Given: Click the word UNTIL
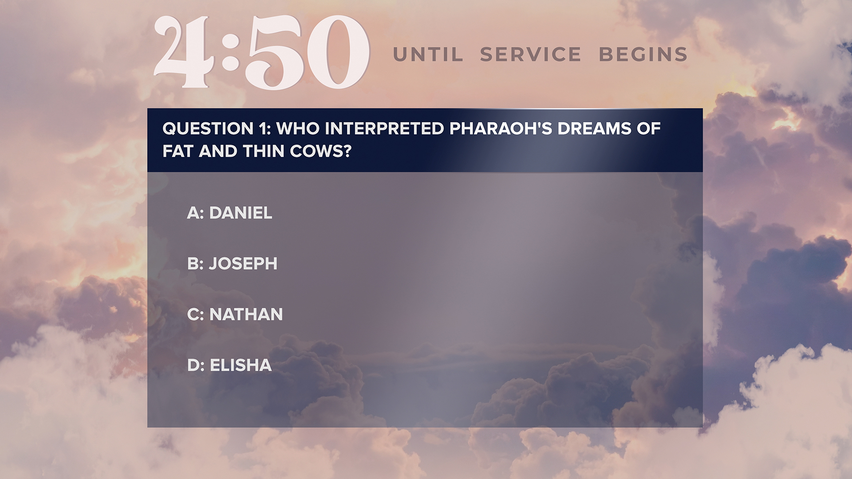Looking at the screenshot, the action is point(428,55).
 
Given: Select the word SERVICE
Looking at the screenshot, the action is point(531,55).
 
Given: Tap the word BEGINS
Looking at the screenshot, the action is point(643,55).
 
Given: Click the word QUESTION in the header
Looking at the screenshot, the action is point(208,129).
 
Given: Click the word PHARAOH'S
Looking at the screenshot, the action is point(501,129).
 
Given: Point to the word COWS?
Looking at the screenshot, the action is point(320,151).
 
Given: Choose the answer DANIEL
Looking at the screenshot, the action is point(241,213).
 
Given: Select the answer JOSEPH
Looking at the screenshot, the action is point(243,263).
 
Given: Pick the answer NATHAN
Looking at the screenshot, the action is point(246,314).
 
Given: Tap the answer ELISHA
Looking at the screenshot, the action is point(241,365).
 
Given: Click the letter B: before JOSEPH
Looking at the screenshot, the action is point(195,263).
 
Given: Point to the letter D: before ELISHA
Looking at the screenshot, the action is point(196,365).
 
